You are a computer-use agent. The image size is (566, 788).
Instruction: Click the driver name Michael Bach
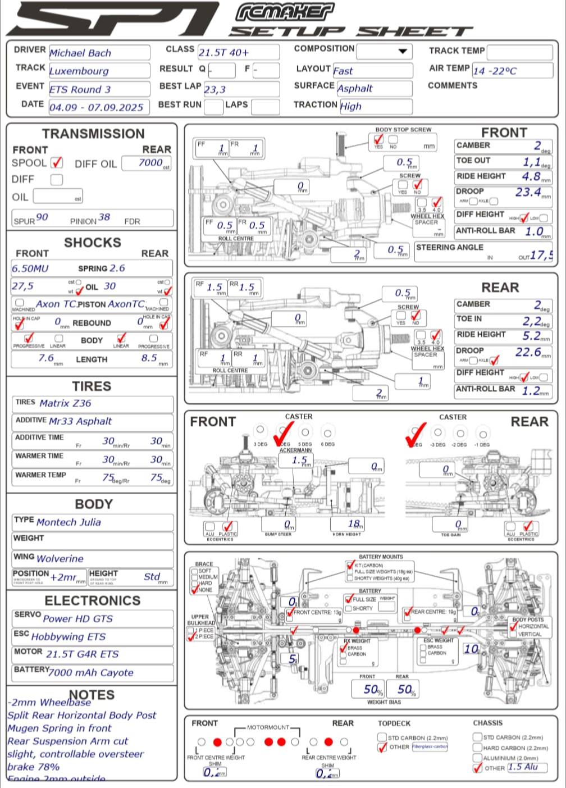[x=98, y=53]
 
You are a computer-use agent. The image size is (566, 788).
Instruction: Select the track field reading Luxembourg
[x=98, y=71]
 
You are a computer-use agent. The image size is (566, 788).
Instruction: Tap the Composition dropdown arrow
[x=402, y=51]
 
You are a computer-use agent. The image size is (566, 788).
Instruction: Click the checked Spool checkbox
[x=57, y=163]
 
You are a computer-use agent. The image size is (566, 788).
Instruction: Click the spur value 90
[x=42, y=217]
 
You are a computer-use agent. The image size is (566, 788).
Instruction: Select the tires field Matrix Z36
[x=92, y=403]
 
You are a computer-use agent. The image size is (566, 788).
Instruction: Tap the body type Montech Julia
[x=92, y=522]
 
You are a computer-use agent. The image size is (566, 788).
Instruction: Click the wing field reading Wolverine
[x=92, y=558]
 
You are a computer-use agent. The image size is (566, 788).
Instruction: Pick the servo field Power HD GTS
[x=92, y=618]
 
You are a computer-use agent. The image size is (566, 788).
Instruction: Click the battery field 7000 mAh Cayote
[x=92, y=672]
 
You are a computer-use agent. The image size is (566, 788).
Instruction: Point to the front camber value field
[x=503, y=146]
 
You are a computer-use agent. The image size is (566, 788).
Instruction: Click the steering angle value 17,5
[x=541, y=255]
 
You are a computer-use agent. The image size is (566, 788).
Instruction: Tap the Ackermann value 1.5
[x=300, y=461]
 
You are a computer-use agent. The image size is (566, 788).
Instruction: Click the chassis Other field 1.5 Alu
[x=526, y=767]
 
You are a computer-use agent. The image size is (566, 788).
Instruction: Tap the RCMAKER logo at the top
[x=285, y=12]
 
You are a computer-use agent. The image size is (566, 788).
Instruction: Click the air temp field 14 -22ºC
[x=512, y=71]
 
